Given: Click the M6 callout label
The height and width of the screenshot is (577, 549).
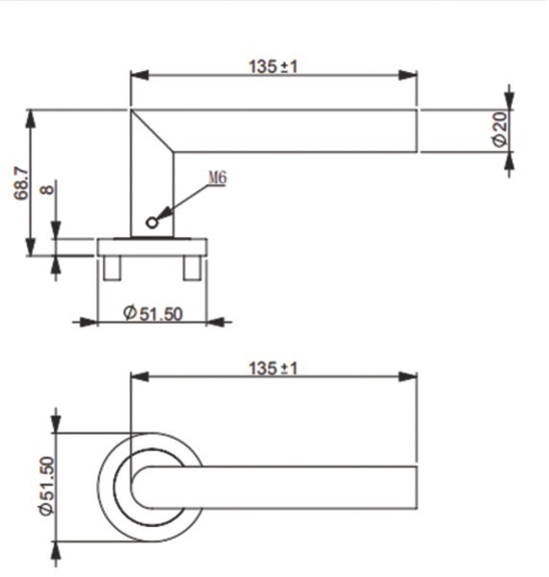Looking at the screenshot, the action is point(218,179).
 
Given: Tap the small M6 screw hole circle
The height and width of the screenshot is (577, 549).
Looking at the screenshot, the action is point(152,223).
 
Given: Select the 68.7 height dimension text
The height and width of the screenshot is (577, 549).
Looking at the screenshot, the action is point(20,183).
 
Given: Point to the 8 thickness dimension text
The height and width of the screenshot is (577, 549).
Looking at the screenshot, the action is point(47,190).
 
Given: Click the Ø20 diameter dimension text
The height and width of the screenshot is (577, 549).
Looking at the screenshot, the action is point(500,130).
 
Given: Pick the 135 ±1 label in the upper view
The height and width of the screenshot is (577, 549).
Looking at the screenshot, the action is point(273,67).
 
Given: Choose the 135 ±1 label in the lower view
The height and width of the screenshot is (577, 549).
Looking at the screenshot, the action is point(273,369).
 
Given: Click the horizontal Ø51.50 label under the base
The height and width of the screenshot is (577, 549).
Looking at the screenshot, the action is point(153,314).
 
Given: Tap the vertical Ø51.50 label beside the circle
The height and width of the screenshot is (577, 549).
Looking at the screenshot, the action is point(47,486).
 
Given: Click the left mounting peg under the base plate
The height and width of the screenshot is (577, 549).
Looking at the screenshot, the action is point(112,268).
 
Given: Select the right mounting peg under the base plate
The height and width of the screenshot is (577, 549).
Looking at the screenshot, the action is point(192,268).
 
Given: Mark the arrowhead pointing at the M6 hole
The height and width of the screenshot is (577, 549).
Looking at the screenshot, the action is point(164,214).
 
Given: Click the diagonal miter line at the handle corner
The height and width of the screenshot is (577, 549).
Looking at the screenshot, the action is point(153,131).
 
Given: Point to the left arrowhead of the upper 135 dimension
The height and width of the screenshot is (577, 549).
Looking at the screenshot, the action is point(140,75).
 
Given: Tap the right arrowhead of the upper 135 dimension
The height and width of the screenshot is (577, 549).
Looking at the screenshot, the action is point(408,75).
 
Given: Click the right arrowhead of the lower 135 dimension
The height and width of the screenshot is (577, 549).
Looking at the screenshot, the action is point(408,376).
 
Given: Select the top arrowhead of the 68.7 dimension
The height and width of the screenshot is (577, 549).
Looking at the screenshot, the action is point(31,119).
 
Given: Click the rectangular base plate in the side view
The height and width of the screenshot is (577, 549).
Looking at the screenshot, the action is point(152,248).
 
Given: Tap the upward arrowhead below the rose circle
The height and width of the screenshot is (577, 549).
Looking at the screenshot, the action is point(56,551).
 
